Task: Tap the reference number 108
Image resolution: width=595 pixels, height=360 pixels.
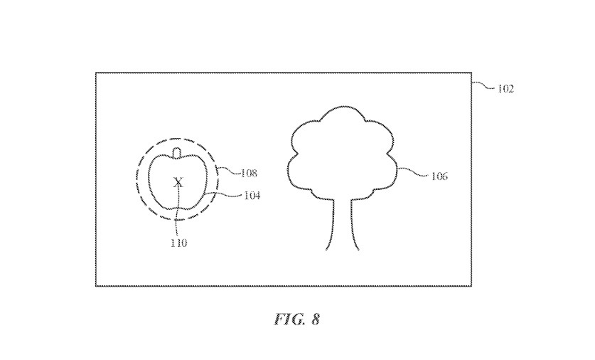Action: pos(248,173)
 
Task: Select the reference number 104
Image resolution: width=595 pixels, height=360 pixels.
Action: pos(251,196)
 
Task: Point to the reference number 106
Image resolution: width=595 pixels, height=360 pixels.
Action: pos(439,175)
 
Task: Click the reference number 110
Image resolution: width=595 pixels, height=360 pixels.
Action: pos(178,243)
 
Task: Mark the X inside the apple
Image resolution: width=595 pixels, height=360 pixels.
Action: pos(178,183)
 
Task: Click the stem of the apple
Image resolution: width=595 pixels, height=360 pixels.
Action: pos(178,151)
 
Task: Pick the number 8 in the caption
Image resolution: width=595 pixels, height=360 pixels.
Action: pos(315,319)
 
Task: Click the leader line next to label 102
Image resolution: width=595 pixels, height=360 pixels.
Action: pos(483,86)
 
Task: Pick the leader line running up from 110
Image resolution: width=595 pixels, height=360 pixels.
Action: pos(178,217)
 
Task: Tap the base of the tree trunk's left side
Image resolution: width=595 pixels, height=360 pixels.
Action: pos(327,248)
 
